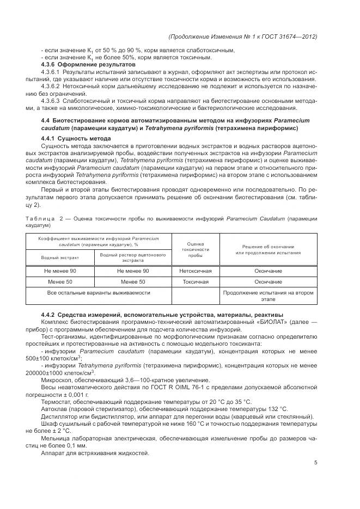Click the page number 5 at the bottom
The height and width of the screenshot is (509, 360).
click(x=316, y=463)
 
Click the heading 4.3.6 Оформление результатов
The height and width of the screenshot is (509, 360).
click(x=88, y=64)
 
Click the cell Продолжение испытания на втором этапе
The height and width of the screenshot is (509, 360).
click(x=268, y=296)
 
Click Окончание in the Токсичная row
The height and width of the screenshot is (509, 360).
click(x=268, y=282)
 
